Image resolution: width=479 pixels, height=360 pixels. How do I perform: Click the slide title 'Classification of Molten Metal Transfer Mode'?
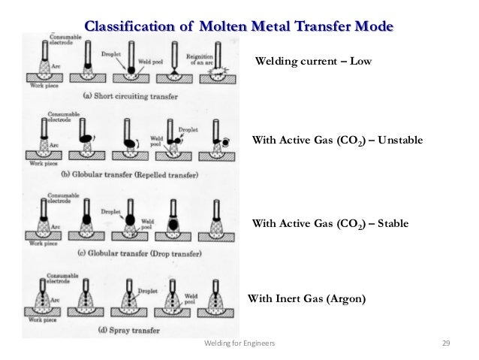pyautogui.click(x=239, y=27)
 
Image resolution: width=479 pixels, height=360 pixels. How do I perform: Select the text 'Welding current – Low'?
pyautogui.click(x=314, y=61)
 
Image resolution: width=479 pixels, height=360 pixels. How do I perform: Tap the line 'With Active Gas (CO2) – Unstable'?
pyautogui.click(x=337, y=141)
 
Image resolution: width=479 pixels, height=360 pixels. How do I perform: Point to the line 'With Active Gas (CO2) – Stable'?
pyautogui.click(x=330, y=223)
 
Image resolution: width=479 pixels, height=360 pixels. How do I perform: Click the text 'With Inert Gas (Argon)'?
pyautogui.click(x=306, y=298)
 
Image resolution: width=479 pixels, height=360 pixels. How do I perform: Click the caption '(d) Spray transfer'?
pyautogui.click(x=107, y=330)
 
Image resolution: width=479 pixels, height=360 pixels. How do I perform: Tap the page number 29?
pyautogui.click(x=445, y=343)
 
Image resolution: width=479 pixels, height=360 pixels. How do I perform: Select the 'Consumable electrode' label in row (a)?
pyautogui.click(x=63, y=39)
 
